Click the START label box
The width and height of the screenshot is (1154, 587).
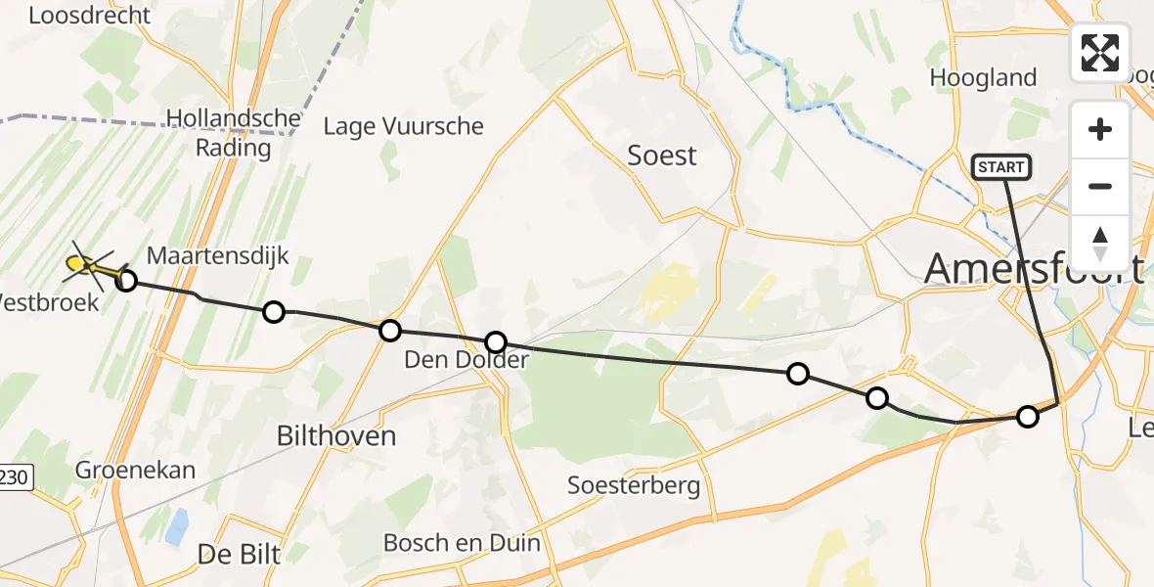(x=1001, y=167)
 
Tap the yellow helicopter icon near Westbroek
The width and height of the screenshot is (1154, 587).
(x=83, y=264)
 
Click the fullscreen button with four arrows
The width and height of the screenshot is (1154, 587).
(x=1100, y=52)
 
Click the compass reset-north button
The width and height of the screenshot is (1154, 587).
(x=1100, y=243)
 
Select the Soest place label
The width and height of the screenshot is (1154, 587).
(x=662, y=156)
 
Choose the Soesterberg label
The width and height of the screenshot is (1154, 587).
(x=634, y=485)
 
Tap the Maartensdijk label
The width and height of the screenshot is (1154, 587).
(x=218, y=256)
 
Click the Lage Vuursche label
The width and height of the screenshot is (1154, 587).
(x=403, y=126)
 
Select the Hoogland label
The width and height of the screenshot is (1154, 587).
(x=983, y=78)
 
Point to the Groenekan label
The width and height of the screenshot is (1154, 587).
(x=136, y=470)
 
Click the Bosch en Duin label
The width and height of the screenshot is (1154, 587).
(x=462, y=542)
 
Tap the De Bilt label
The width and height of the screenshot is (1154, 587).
(x=239, y=554)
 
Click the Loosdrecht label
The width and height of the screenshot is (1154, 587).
(x=90, y=16)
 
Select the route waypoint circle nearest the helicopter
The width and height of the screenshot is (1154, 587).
(x=126, y=282)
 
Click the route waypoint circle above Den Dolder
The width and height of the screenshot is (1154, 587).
(x=496, y=341)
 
